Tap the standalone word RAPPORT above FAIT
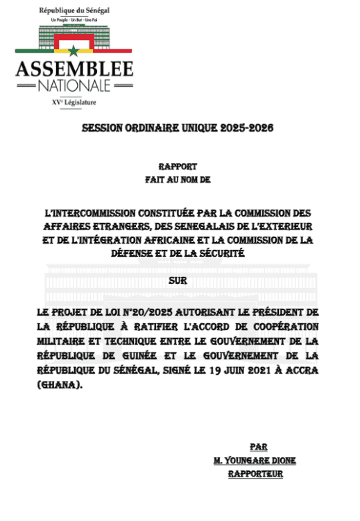pyautogui.click(x=179, y=166)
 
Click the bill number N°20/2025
pyautogui.click(x=142, y=314)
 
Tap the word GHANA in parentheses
pyautogui.click(x=58, y=383)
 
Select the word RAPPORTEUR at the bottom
pyautogui.click(x=257, y=475)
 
